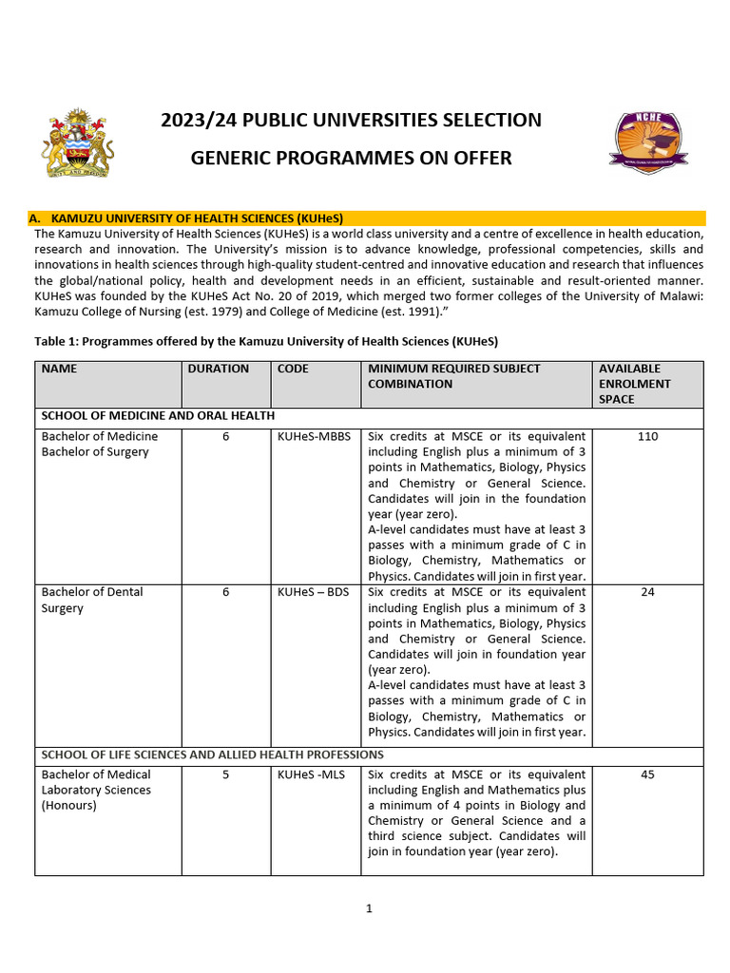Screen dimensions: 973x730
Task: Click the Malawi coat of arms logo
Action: (x=77, y=143)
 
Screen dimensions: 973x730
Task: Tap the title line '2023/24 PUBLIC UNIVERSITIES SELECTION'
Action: (x=351, y=120)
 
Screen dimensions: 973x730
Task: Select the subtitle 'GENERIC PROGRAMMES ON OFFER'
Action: (x=351, y=158)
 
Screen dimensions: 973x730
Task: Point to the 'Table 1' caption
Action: (x=266, y=341)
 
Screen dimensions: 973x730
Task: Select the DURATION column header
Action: (x=219, y=369)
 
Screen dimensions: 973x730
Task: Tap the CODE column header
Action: (x=293, y=369)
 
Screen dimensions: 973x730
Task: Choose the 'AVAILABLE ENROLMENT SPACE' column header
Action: (x=634, y=384)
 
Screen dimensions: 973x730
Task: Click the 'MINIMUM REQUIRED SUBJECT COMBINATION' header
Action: (x=453, y=376)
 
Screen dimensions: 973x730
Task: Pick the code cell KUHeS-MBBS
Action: (x=314, y=436)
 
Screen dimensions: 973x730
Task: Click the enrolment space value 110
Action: (x=647, y=436)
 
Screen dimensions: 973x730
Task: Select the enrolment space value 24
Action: (x=647, y=592)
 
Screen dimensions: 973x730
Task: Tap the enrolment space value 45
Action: (x=647, y=774)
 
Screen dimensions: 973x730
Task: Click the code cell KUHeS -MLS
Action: (x=311, y=774)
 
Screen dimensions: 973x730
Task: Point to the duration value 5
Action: (x=225, y=774)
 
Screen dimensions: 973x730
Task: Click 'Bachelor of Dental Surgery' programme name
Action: (x=92, y=600)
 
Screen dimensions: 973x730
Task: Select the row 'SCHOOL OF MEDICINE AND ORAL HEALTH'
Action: (x=158, y=415)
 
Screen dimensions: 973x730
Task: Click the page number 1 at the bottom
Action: (x=369, y=908)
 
